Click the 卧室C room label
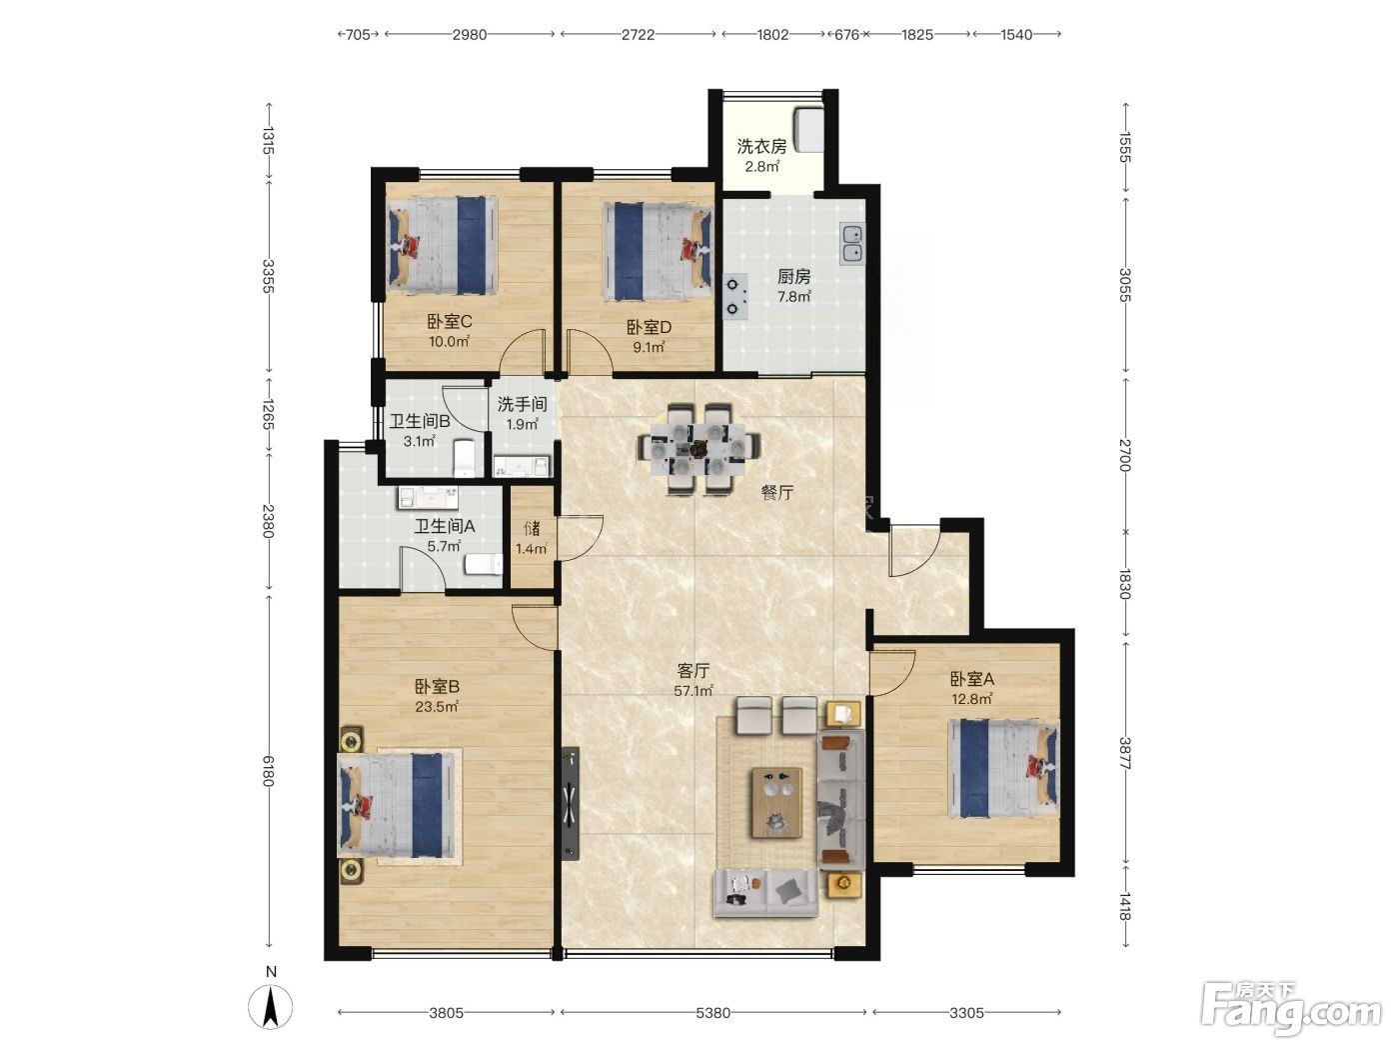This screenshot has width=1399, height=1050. (x=450, y=321)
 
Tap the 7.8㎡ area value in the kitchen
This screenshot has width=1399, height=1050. (x=793, y=296)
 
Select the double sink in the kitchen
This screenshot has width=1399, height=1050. (x=851, y=244)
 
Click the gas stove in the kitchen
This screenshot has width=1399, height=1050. (x=734, y=296)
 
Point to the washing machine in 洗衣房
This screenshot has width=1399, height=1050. (x=808, y=131)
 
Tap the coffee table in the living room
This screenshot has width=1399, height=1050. (x=776, y=802)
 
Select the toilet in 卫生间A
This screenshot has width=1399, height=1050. (x=484, y=564)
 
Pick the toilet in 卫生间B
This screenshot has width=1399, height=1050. (x=464, y=458)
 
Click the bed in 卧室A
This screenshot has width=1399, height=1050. (x=1003, y=768)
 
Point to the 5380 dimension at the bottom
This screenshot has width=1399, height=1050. (x=712, y=1012)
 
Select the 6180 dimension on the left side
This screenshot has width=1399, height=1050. (x=269, y=771)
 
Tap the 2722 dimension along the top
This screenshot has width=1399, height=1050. (x=638, y=34)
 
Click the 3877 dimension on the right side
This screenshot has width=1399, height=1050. (x=1125, y=754)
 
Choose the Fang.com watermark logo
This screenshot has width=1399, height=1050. (x=1291, y=1009)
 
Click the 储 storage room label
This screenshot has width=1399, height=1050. (x=533, y=528)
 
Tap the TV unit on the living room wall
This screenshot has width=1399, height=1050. (x=571, y=803)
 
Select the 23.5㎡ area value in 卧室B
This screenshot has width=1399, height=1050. (x=437, y=706)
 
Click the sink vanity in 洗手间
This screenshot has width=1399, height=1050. (x=522, y=466)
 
